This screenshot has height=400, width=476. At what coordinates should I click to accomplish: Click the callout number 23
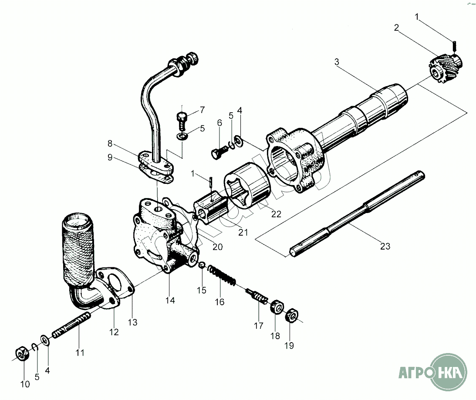pyautogui.click(x=385, y=247)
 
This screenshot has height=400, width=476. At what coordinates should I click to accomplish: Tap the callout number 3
pyautogui.click(x=337, y=62)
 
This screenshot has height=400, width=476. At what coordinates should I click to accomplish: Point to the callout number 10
pyautogui.click(x=25, y=384)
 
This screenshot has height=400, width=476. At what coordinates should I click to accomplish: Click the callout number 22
pyautogui.click(x=276, y=214)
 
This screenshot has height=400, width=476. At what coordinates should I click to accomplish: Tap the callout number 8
pyautogui.click(x=110, y=143)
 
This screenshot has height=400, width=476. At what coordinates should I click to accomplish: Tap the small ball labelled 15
pyautogui.click(x=202, y=265)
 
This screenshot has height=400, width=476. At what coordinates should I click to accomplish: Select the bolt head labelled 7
pyautogui.click(x=182, y=117)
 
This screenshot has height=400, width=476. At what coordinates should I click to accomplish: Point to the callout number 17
pyautogui.click(x=259, y=325)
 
